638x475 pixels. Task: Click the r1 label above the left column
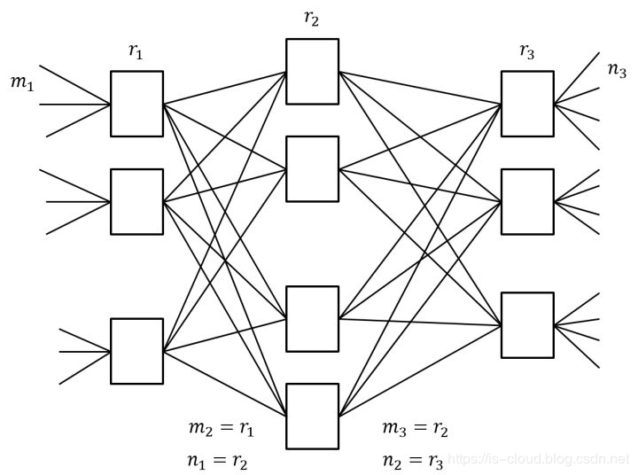136,51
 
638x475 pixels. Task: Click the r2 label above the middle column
311,19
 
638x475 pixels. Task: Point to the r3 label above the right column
527,51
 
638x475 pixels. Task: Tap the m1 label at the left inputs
22,83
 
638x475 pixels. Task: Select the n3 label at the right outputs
617,70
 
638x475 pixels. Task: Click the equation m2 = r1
222,429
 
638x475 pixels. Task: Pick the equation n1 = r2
217,461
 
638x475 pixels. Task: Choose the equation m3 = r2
415,429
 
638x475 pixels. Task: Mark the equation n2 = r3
413,461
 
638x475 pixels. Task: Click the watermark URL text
539,459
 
